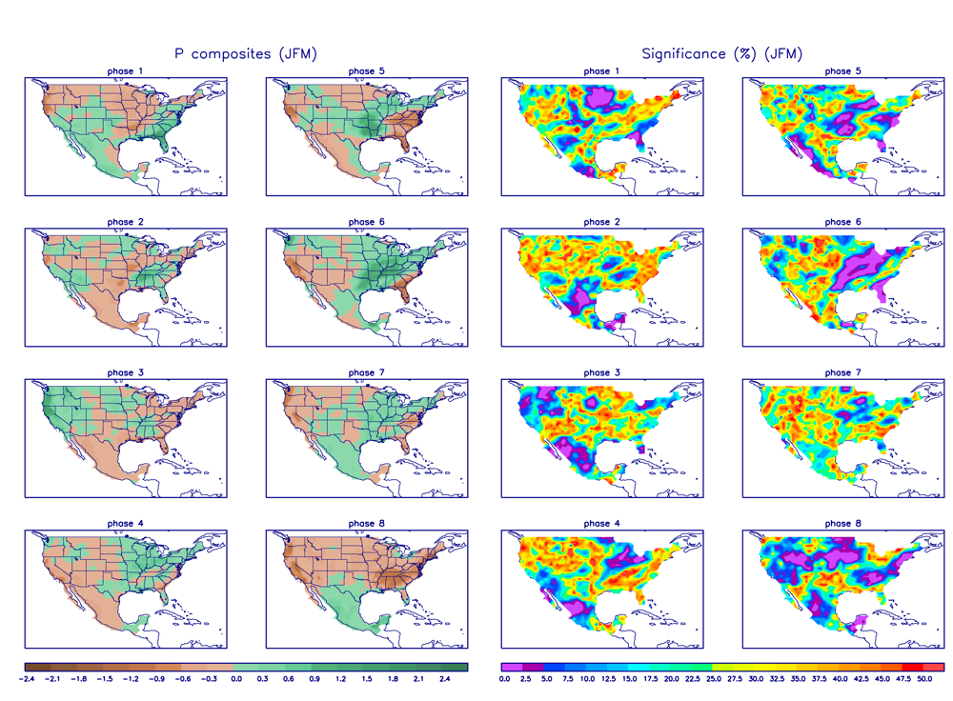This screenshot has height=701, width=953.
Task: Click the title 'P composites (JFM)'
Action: coord(245,54)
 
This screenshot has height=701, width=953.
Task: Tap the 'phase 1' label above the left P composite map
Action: coord(126,71)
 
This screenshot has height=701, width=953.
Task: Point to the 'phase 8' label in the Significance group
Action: coord(838,523)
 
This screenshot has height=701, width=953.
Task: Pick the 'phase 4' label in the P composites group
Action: coord(126,523)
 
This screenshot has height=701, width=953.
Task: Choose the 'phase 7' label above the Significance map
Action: coord(838,372)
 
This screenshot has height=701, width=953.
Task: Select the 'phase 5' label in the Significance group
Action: coord(838,71)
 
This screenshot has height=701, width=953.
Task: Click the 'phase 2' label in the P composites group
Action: coord(126,222)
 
